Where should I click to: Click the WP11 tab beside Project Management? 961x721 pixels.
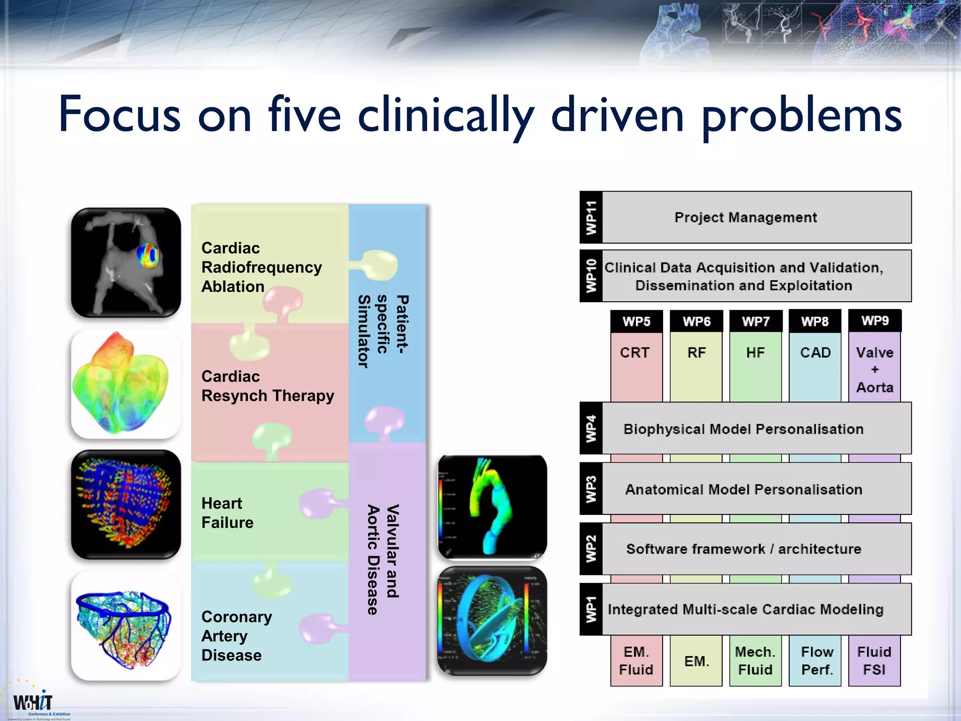pos(591,217)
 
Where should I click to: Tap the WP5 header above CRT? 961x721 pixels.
pos(636,322)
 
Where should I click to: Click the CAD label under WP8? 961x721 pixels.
pos(815,353)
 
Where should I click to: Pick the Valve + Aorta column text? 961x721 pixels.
pos(874,369)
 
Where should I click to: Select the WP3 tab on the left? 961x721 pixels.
pos(591,489)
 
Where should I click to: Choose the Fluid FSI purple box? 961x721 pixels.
pos(874,660)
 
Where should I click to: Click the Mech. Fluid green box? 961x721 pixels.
pos(755,660)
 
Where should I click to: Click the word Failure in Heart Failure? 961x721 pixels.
pos(228,522)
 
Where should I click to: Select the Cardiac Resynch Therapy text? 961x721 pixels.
pos(267,386)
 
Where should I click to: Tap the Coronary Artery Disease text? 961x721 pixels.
pos(236,636)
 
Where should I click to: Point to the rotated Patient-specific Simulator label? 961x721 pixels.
pos(383,331)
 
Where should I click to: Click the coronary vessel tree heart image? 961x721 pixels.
pos(125,626)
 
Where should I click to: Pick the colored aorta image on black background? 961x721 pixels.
pos(492,507)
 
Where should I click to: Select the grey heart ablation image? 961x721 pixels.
pos(125,263)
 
